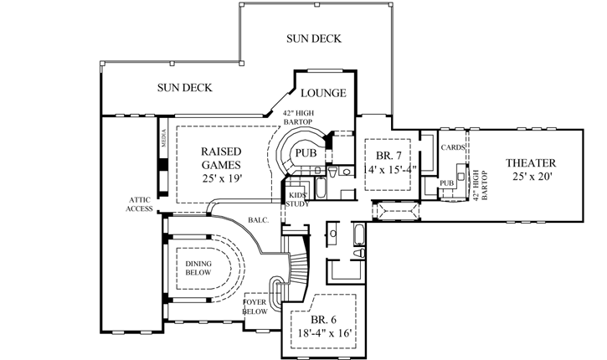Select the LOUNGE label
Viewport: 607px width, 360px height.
(323, 93)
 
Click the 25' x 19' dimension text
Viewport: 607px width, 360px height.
(222, 179)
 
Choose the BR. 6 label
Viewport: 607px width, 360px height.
(323, 319)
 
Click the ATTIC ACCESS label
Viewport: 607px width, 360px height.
(139, 203)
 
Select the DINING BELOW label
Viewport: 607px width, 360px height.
(198, 268)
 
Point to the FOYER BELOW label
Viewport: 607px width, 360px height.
(255, 306)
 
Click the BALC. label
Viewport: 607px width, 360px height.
(258, 221)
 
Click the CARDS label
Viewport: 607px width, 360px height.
(453, 147)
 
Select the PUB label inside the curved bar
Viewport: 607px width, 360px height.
(305, 154)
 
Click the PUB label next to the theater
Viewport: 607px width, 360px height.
(446, 183)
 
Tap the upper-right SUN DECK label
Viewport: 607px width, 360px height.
(313, 39)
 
